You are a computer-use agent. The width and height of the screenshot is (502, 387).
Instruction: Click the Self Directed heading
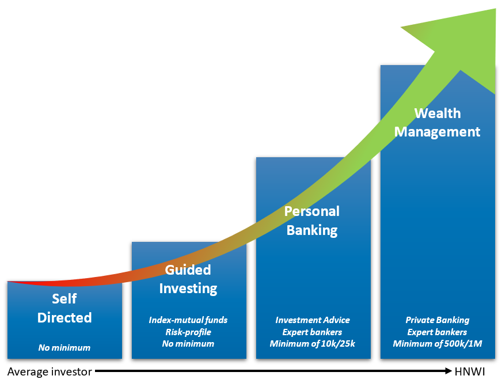point(64,308)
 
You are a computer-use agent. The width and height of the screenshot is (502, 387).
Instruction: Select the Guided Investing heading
point(188,279)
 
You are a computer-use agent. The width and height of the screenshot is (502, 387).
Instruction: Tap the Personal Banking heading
point(312,221)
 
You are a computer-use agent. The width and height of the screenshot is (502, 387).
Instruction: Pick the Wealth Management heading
point(438,123)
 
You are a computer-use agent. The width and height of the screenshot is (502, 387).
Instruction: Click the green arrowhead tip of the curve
point(495,9)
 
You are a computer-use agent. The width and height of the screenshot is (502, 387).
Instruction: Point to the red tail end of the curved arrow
point(8,282)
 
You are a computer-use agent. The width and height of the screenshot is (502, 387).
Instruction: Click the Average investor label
point(50,371)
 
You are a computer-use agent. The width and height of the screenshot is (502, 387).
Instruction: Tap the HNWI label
point(470,371)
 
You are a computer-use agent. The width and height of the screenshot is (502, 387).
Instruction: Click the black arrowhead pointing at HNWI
point(448,371)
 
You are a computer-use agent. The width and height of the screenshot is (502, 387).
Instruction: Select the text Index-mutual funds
point(188,320)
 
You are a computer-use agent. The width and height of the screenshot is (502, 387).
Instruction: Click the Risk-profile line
point(188,332)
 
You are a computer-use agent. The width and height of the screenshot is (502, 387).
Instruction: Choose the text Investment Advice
point(313,320)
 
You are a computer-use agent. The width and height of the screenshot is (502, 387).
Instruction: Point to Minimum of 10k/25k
point(313,344)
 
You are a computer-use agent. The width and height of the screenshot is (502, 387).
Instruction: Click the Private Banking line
point(438,320)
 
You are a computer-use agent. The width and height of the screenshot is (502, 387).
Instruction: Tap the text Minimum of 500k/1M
point(438,344)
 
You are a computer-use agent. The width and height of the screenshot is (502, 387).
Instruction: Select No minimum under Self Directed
point(64,348)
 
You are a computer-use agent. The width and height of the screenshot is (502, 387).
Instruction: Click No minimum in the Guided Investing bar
point(188,344)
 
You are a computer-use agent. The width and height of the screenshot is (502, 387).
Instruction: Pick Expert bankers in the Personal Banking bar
point(312,332)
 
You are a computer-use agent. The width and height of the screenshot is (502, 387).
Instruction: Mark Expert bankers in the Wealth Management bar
point(437,332)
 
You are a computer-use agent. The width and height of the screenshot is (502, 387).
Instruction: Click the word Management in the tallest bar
point(438,132)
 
